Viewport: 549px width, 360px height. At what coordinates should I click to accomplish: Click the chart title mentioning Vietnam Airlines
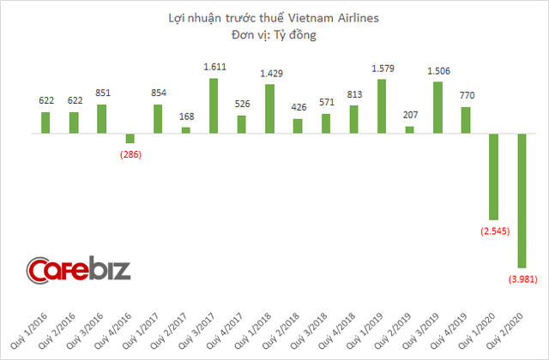coord(274,16)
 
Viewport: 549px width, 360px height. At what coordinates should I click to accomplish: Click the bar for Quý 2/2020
coord(522,201)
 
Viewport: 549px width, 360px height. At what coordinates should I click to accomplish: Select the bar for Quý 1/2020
coord(493,177)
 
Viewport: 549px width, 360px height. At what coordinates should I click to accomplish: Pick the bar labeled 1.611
coord(214,106)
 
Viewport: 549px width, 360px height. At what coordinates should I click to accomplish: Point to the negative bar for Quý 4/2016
coord(130,139)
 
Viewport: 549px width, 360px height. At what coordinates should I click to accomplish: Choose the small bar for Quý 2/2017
coord(186,130)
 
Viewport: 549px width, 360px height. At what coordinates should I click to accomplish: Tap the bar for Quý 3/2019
coord(437,108)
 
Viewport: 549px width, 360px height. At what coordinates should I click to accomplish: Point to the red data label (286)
coord(130,154)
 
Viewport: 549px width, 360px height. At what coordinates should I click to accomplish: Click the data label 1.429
coord(269,75)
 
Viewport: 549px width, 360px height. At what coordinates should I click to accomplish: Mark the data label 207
coord(409,116)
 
